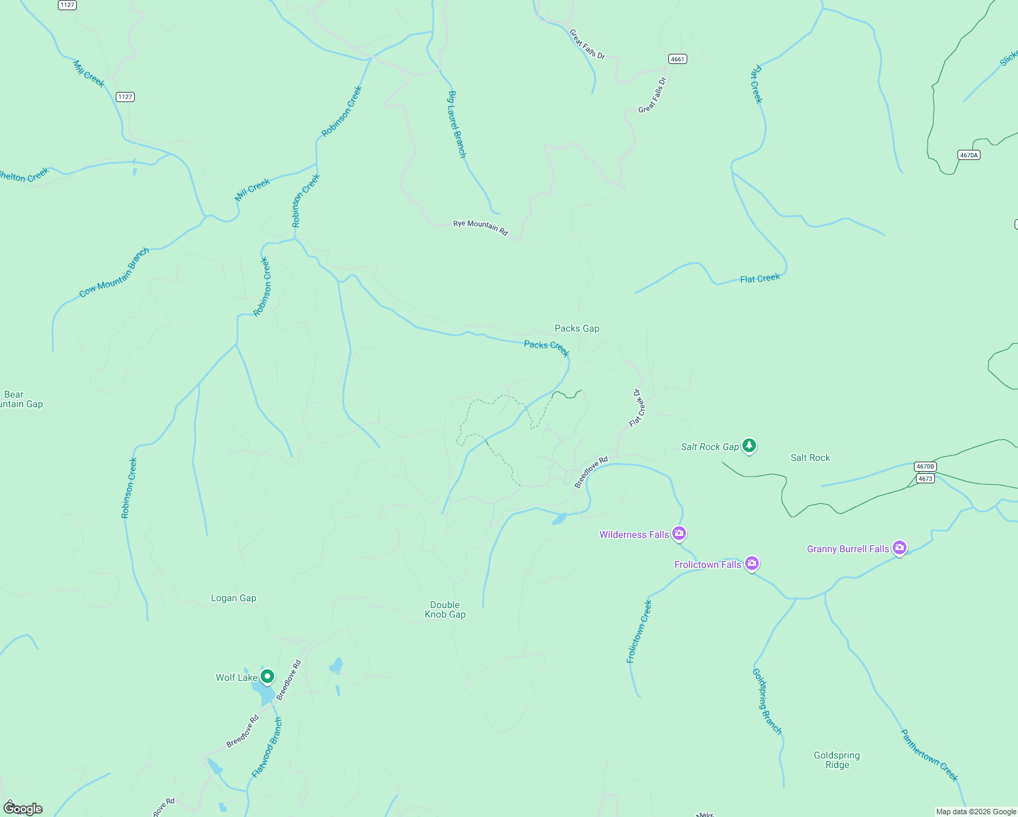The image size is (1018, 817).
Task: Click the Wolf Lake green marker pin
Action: coord(267,676)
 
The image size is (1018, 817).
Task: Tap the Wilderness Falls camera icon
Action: coord(678,533)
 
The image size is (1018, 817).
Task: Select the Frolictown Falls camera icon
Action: coord(751,563)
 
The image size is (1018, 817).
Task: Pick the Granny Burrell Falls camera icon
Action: coord(900,547)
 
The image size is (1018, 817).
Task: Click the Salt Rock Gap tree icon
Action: coord(749,445)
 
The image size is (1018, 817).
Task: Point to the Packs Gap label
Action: coord(577,328)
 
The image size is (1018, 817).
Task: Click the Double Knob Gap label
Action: coord(445,609)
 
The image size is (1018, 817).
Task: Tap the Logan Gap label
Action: coord(233,598)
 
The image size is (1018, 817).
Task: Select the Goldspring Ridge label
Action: coord(837,760)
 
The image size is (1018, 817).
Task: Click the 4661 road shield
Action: coord(677,59)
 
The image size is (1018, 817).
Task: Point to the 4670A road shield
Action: coord(968,155)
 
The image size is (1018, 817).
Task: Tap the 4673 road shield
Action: coord(925,479)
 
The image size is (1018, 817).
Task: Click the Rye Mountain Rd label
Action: coord(480,227)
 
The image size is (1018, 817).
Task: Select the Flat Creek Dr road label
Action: coord(637,408)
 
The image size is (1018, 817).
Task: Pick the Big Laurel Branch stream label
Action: coord(457,125)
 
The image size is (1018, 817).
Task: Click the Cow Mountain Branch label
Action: coord(114,273)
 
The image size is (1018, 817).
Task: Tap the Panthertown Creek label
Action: coord(929,755)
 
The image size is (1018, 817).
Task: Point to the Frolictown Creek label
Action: coord(639,631)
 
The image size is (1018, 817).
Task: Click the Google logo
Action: coord(23,808)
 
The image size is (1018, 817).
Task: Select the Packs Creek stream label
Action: coord(546,348)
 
